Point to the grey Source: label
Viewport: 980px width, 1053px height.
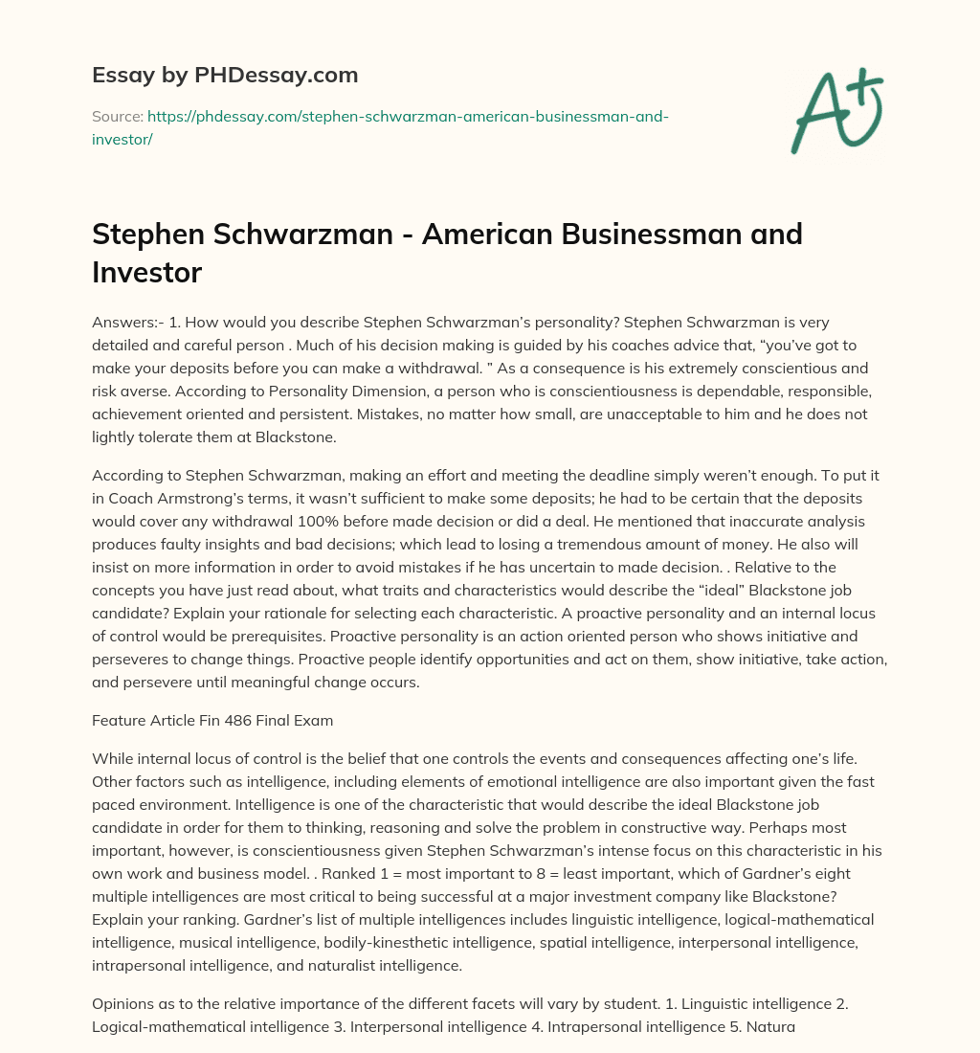(117, 117)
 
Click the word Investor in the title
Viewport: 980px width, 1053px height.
(146, 272)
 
